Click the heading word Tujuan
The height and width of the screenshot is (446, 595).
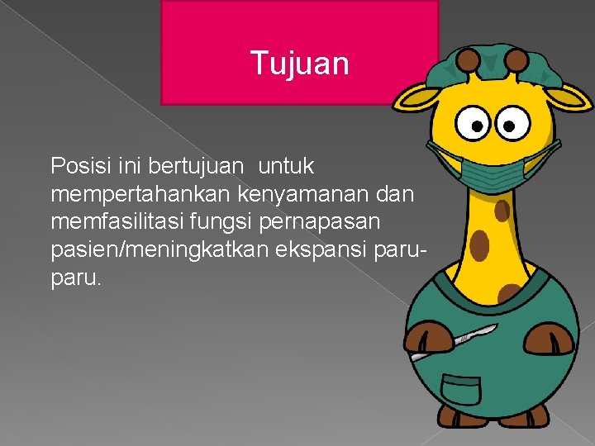tap(299, 64)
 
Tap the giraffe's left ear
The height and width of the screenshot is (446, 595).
tap(413, 98)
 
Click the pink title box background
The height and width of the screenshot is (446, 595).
tap(215, 33)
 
